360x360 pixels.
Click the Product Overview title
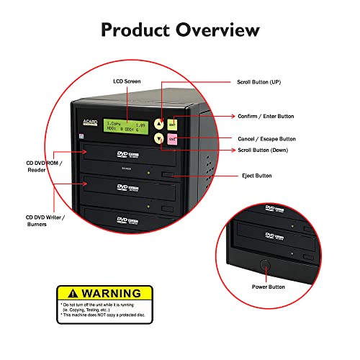click(x=180, y=30)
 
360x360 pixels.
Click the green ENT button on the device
click(x=173, y=124)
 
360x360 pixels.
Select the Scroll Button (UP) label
click(x=262, y=83)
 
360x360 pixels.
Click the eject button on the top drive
click(x=168, y=174)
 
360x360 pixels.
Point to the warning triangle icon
click(x=67, y=294)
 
